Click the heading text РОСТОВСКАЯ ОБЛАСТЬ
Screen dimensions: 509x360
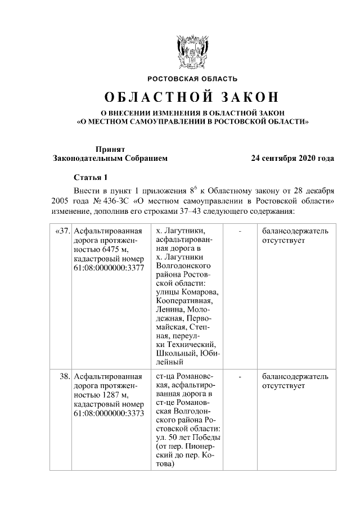click(x=192, y=79)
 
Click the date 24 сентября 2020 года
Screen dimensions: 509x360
click(x=292, y=159)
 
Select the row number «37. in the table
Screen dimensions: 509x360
click(x=62, y=231)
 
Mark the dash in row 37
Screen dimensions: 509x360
click(x=241, y=231)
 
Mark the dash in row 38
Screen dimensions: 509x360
click(x=241, y=376)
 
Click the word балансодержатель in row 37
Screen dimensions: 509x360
click(x=295, y=231)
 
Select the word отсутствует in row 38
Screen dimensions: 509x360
click(x=283, y=386)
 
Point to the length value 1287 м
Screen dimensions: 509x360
click(x=112, y=394)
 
